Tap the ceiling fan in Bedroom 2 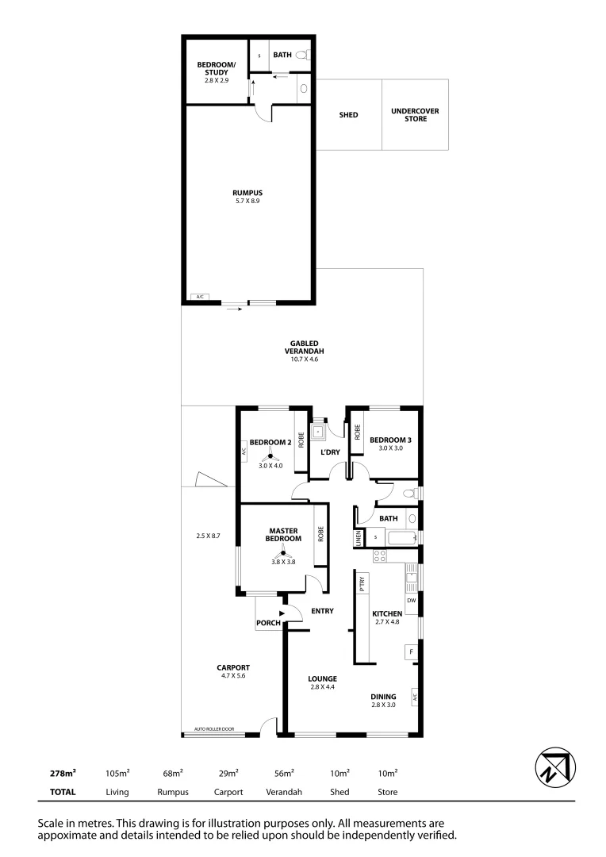pyautogui.click(x=270, y=455)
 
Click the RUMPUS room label pyautogui.click(x=247, y=193)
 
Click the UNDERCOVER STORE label pyautogui.click(x=415, y=115)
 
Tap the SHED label pyautogui.click(x=348, y=115)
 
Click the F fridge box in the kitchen pyautogui.click(x=412, y=652)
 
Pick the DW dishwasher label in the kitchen pyautogui.click(x=412, y=601)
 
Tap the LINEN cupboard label pyautogui.click(x=359, y=538)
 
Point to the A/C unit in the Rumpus pyautogui.click(x=199, y=297)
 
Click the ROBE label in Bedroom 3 pyautogui.click(x=358, y=432)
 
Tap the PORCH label pyautogui.click(x=268, y=623)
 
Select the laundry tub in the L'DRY pyautogui.click(x=319, y=432)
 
